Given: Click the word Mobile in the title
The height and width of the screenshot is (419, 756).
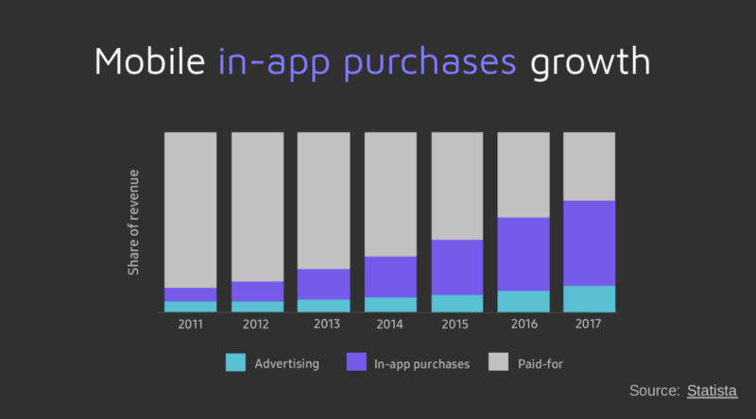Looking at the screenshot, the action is [x=150, y=61].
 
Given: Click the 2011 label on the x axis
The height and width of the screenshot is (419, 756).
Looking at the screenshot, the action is [x=191, y=324].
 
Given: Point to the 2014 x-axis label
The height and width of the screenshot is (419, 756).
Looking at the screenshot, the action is [x=389, y=324].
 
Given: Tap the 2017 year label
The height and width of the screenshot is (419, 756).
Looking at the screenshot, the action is [x=588, y=324].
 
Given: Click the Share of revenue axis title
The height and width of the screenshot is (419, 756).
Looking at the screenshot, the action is [x=133, y=223].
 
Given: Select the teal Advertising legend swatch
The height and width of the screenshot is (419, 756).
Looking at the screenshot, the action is [x=235, y=362].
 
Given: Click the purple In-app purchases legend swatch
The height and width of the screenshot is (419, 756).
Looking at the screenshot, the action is [x=356, y=361].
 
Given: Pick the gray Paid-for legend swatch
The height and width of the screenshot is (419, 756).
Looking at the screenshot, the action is [x=499, y=361].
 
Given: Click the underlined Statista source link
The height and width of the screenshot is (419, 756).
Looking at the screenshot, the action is [x=713, y=391].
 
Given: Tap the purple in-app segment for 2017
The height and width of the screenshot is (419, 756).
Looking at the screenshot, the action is [x=589, y=243].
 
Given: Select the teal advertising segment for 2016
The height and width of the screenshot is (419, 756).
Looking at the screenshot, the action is [x=524, y=301].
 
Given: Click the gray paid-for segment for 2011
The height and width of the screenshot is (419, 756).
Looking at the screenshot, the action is [x=191, y=210].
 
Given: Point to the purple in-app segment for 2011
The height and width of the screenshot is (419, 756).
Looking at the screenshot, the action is [x=191, y=294].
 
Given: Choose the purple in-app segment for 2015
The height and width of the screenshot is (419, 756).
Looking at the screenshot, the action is [x=457, y=267].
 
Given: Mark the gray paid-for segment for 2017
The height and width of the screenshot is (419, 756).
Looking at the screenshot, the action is [x=589, y=167].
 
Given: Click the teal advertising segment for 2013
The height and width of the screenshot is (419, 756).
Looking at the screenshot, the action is [x=323, y=306].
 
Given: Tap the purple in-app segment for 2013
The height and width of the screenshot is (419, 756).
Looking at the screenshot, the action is [x=323, y=284].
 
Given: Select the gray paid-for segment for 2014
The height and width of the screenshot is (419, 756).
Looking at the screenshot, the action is [x=390, y=194].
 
